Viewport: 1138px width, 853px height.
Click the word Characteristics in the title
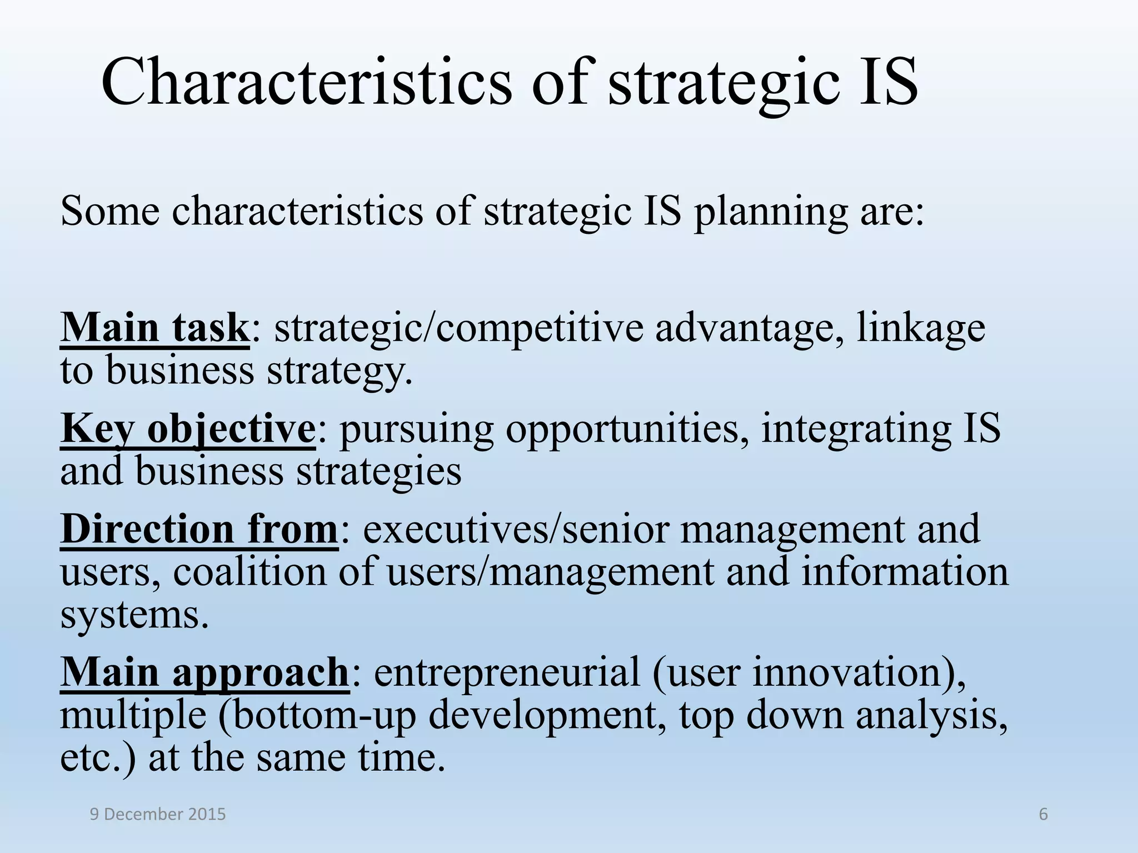[x=306, y=82]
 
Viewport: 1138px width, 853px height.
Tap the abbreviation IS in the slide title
[x=887, y=82]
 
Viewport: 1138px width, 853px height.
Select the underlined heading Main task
[x=154, y=328]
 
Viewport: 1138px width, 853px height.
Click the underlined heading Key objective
[x=188, y=430]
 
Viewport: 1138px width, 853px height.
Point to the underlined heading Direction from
[x=199, y=529]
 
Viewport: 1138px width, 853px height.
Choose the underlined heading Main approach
[x=204, y=673]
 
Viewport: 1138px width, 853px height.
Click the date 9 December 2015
[x=158, y=814]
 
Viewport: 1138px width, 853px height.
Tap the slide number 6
[x=1043, y=814]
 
